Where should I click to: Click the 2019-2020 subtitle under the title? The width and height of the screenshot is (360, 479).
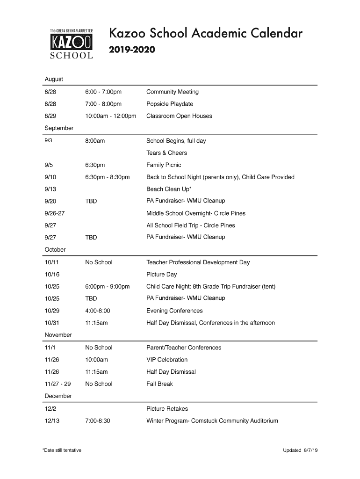(x=132, y=50)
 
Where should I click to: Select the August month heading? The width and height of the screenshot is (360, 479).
(x=54, y=79)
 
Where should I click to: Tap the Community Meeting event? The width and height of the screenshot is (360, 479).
(x=173, y=92)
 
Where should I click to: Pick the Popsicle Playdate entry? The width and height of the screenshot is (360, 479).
(x=170, y=104)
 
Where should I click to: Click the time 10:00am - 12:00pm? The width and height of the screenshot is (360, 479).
(x=110, y=116)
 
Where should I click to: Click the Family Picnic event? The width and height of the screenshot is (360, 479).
(x=164, y=165)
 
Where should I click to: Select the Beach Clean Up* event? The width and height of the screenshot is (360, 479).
(x=169, y=189)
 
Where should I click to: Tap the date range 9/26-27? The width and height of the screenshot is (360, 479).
(x=55, y=213)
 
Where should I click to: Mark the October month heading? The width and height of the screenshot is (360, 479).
(x=55, y=250)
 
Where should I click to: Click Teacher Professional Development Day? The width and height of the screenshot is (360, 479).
(x=198, y=262)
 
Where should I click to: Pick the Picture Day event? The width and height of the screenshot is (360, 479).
(x=162, y=275)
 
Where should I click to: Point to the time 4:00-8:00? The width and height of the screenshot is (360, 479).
(x=98, y=311)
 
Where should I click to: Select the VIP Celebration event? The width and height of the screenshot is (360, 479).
(x=167, y=360)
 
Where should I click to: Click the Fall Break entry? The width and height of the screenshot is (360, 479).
(x=159, y=384)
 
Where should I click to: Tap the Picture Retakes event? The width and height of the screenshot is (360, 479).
(x=167, y=409)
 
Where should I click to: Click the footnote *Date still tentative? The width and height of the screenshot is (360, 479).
(x=62, y=450)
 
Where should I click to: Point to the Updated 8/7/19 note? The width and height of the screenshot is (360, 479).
(x=300, y=450)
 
